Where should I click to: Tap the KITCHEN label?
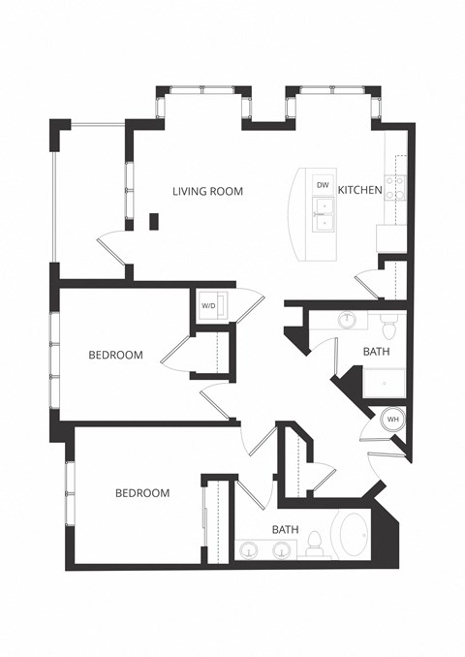359,191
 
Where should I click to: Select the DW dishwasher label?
323,184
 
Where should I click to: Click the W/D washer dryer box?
210,306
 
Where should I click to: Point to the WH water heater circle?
393,420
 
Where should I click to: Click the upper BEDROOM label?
115,356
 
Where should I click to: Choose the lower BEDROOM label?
142,493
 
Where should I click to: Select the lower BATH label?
285,530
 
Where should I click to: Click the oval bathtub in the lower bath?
354,534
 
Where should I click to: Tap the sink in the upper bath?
347,320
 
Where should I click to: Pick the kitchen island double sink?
323,215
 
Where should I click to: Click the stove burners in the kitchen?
394,187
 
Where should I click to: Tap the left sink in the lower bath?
248,551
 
